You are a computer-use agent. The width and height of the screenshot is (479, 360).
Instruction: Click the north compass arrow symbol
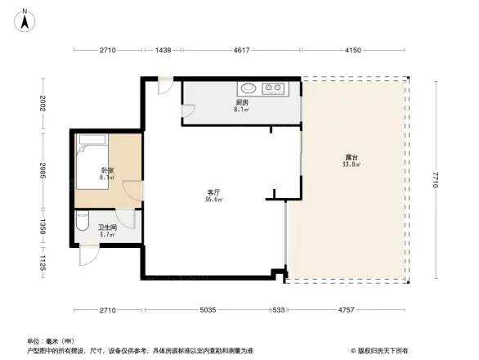(x=26, y=19)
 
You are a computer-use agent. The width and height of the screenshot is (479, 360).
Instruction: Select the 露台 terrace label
(x=350, y=157)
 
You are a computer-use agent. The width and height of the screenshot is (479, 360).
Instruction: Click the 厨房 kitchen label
(x=241, y=102)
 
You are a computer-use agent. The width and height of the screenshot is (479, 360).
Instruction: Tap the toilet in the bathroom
(x=82, y=223)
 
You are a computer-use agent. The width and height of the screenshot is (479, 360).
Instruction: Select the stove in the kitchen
(x=274, y=88)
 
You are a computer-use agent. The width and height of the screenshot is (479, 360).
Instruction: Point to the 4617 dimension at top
(x=240, y=52)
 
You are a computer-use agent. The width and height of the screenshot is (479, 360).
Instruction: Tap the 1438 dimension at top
(x=163, y=52)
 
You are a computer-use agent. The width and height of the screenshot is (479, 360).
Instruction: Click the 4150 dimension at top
(x=352, y=52)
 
